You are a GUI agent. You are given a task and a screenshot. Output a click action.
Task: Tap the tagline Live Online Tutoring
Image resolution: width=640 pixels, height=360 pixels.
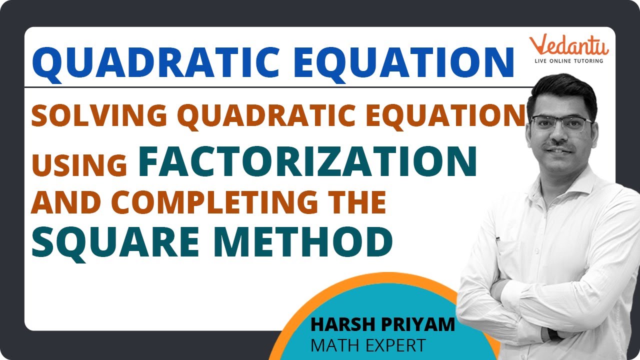tap(569, 60)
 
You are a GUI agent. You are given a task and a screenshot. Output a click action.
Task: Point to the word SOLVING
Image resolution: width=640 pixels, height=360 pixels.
tap(99, 116)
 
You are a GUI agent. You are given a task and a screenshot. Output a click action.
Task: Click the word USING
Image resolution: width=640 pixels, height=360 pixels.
tap(80, 165)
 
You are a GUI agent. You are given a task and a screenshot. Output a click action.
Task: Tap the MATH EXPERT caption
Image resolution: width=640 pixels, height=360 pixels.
tap(368, 345)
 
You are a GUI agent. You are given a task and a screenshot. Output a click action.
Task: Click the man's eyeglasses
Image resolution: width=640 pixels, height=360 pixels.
tap(561, 122)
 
